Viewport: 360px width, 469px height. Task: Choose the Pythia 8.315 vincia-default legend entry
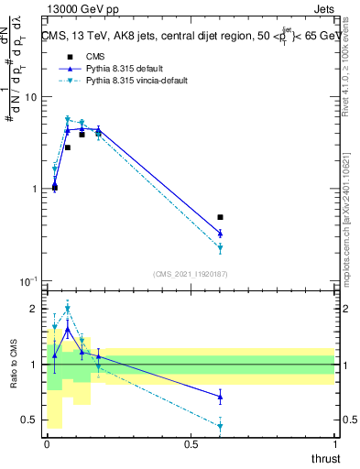[123, 81]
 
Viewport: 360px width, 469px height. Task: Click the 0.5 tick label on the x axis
[191, 444]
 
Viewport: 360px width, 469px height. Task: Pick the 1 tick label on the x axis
[335, 444]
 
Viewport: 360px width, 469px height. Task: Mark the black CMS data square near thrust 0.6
[220, 217]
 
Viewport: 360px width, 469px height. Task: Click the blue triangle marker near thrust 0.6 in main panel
[220, 234]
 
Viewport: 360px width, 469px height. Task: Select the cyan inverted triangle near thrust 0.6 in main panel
[220, 248]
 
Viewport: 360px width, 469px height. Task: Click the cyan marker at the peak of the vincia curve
[68, 119]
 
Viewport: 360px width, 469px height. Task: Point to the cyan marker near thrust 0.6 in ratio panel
[220, 426]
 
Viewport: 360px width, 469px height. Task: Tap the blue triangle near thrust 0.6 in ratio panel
[220, 396]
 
